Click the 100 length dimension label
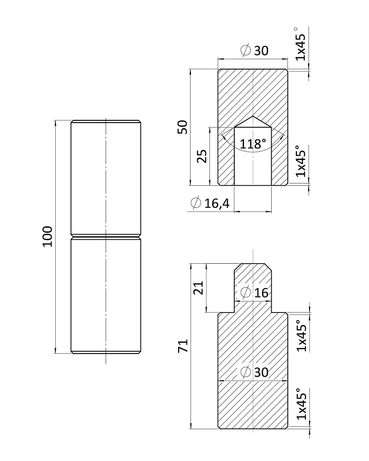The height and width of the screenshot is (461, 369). [48, 236]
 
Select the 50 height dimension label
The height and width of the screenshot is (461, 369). [183, 127]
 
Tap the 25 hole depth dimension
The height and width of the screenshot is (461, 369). [202, 156]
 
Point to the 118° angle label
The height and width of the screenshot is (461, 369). [253, 144]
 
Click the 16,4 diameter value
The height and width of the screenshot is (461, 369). [217, 203]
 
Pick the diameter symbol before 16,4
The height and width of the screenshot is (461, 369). [196, 203]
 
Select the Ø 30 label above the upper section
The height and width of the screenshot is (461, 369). [255, 51]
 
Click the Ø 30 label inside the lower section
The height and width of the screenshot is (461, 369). [255, 372]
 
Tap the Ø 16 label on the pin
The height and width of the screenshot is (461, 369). [255, 293]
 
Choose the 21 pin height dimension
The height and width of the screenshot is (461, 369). [198, 288]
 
